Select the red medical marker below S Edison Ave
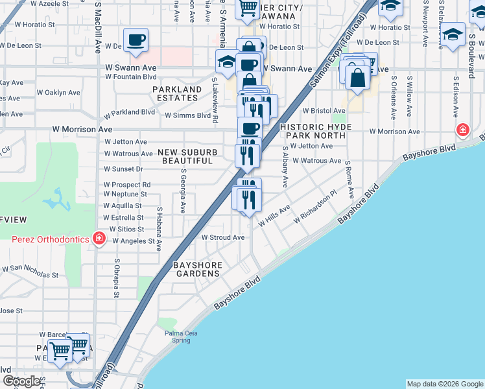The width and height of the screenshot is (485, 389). (462, 130)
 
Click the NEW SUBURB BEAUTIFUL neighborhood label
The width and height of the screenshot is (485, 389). (187, 156)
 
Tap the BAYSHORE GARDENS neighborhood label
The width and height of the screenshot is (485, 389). (198, 270)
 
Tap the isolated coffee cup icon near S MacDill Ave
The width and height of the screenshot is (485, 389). (136, 40)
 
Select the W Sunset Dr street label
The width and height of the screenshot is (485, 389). (123, 169)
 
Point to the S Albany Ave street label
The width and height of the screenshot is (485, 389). (285, 166)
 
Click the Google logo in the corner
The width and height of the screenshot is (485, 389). (21, 381)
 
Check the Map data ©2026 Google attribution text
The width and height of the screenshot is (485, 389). (444, 384)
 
